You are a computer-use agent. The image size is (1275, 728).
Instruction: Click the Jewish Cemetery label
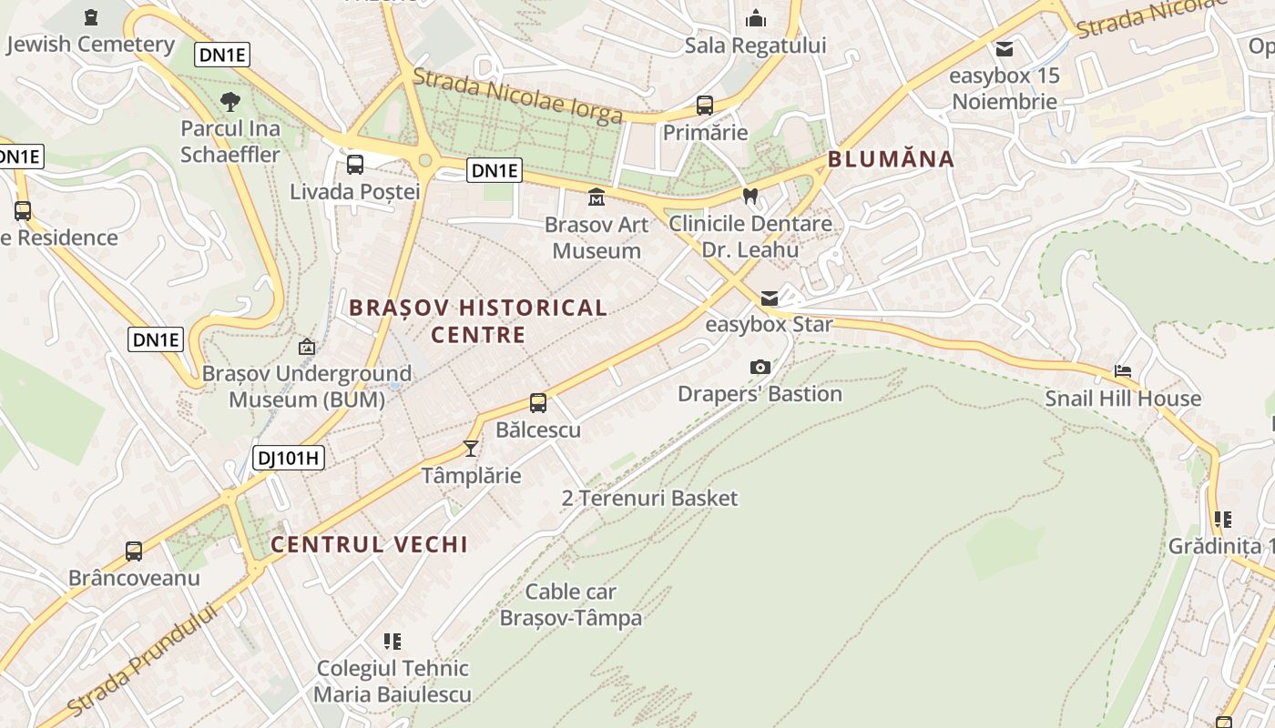pyautogui.click(x=89, y=44)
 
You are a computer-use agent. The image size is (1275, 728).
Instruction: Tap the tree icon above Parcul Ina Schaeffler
pyautogui.click(x=230, y=101)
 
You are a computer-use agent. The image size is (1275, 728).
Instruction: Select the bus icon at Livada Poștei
pyautogui.click(x=355, y=165)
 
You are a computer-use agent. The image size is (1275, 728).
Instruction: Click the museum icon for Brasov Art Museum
pyautogui.click(x=597, y=197)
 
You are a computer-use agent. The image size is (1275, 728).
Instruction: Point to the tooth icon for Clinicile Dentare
pyautogui.click(x=750, y=195)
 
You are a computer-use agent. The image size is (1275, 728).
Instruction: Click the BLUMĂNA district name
pyautogui.click(x=891, y=160)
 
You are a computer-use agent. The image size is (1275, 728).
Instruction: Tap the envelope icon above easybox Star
pyautogui.click(x=770, y=298)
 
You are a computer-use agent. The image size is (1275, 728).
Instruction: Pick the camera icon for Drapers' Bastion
pyautogui.click(x=760, y=367)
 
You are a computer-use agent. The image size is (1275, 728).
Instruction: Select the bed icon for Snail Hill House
pyautogui.click(x=1123, y=371)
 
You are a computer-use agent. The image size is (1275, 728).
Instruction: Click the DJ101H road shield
pyautogui.click(x=289, y=458)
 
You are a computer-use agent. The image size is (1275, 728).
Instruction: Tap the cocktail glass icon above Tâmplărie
pyautogui.click(x=471, y=448)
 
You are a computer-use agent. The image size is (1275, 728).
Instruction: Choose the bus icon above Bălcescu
pyautogui.click(x=538, y=402)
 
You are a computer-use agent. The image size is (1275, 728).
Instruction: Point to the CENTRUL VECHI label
pyautogui.click(x=369, y=544)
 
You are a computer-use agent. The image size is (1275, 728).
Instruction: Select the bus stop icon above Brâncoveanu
pyautogui.click(x=134, y=551)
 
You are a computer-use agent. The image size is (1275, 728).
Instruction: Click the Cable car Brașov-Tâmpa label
pyautogui.click(x=571, y=605)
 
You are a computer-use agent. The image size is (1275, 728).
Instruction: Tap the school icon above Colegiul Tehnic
pyautogui.click(x=393, y=642)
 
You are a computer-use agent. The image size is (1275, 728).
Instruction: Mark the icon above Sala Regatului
pyautogui.click(x=756, y=18)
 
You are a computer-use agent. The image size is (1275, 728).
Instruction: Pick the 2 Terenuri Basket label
pyautogui.click(x=649, y=499)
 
